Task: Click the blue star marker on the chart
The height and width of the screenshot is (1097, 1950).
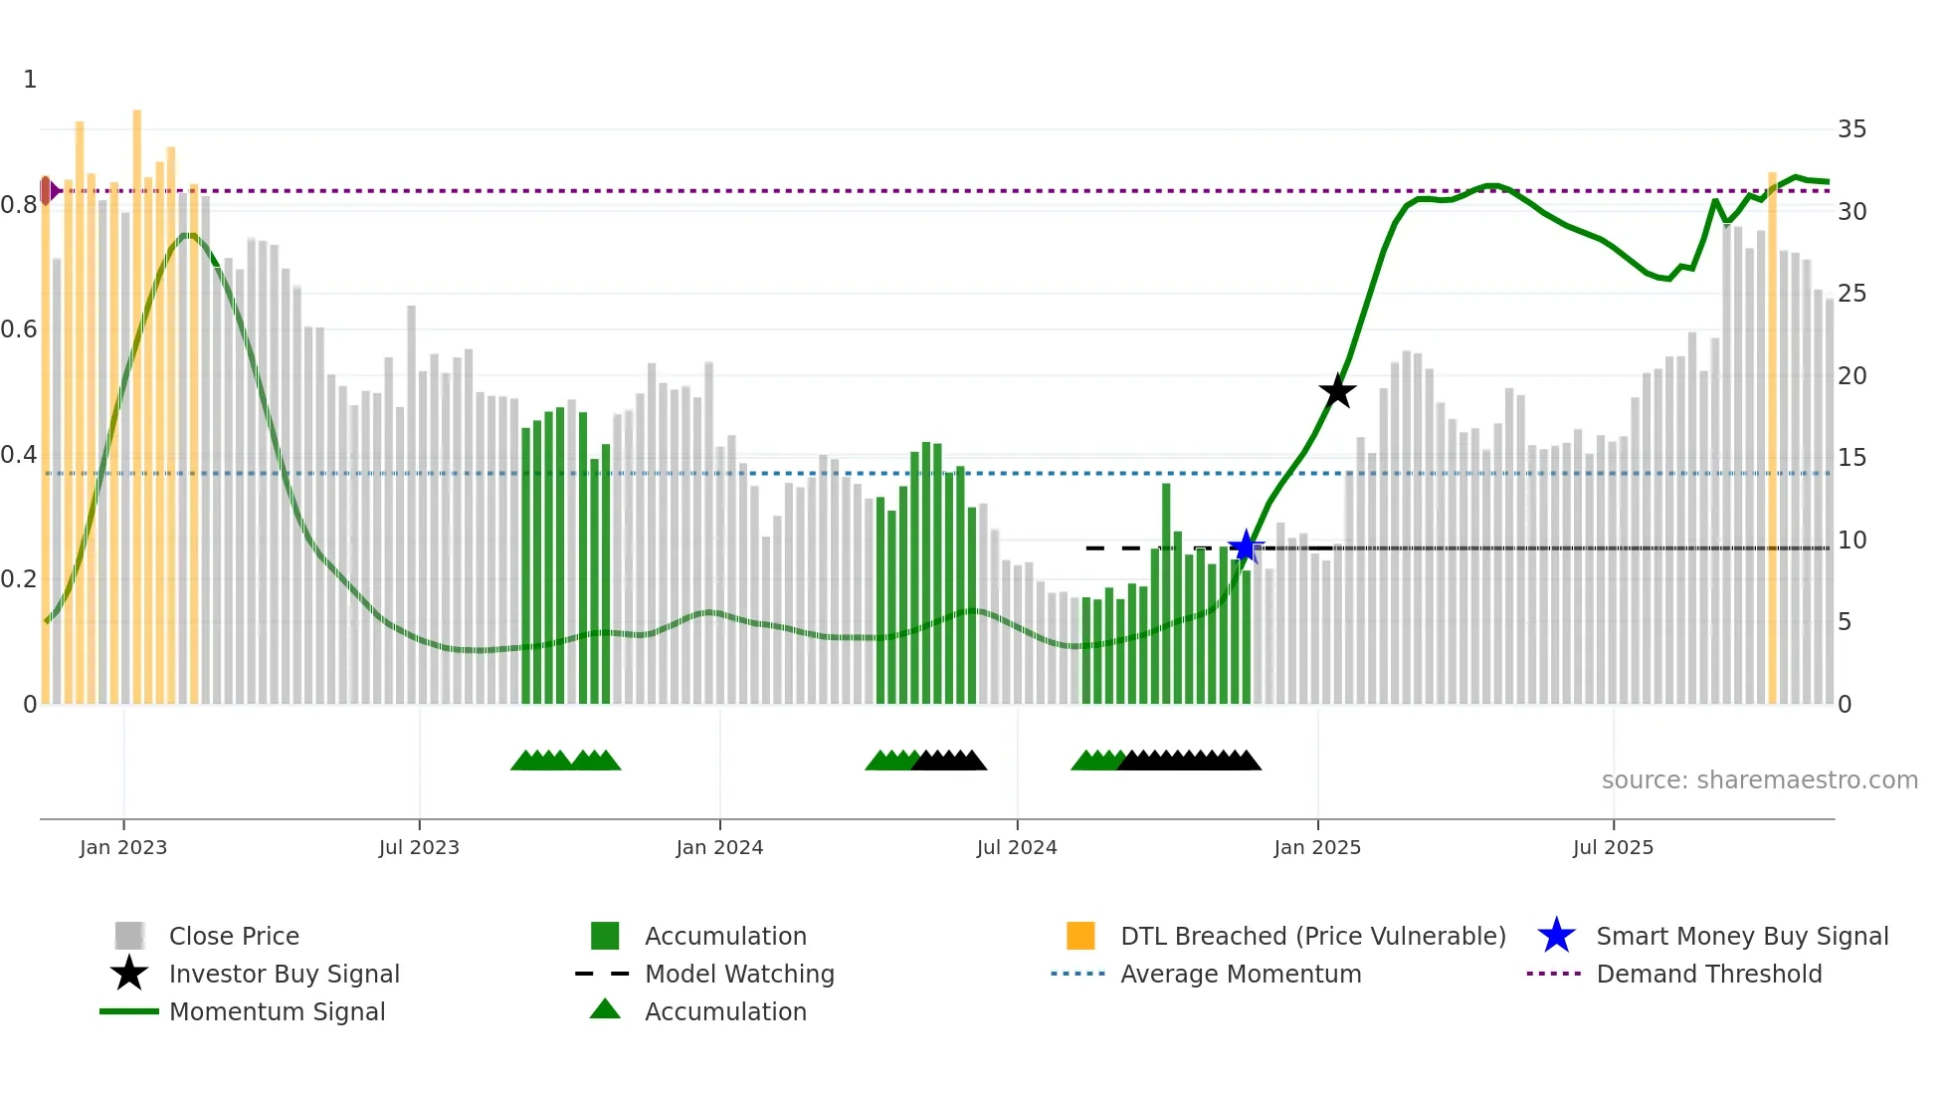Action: click(x=1245, y=547)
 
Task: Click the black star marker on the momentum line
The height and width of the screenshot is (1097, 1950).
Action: click(x=1337, y=391)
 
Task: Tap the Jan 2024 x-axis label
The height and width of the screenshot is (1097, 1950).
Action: click(x=719, y=847)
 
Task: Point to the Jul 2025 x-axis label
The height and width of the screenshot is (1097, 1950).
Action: click(x=1613, y=847)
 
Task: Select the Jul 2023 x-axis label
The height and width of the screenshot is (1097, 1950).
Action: click(x=419, y=847)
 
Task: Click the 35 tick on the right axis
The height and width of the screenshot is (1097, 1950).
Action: click(x=1852, y=129)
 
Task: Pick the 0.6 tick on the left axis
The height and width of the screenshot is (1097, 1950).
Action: click(x=20, y=329)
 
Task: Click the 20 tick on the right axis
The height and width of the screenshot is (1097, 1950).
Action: click(x=1852, y=376)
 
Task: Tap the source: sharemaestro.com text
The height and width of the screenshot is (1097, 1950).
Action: click(x=1759, y=780)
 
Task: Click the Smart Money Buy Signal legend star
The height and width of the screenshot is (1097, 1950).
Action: click(x=1556, y=936)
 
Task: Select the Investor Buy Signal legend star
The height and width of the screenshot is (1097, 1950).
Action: click(x=129, y=974)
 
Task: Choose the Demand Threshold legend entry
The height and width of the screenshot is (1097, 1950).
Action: click(x=1708, y=974)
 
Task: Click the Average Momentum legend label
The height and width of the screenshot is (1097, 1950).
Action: click(x=1241, y=974)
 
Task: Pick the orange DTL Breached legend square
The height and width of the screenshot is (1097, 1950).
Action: click(x=1080, y=936)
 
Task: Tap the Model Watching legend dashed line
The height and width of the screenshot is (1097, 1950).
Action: click(x=603, y=974)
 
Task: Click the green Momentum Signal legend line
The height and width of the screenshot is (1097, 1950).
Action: click(x=129, y=1011)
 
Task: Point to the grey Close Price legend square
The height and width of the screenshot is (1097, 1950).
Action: click(x=129, y=936)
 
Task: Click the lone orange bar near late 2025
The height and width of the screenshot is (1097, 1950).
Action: click(x=1772, y=438)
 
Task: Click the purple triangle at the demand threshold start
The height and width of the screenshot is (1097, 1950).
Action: click(x=54, y=190)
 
